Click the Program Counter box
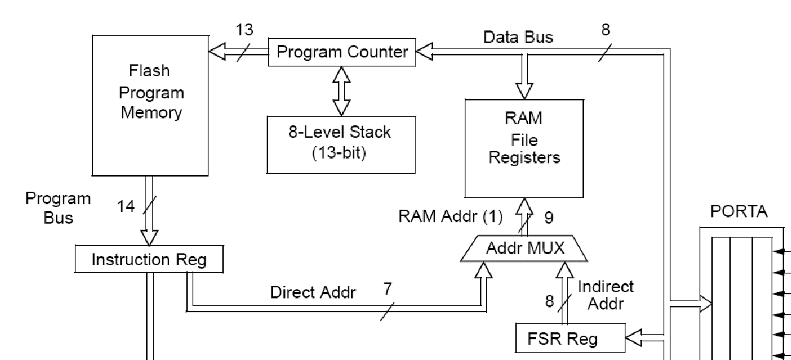coord(342,52)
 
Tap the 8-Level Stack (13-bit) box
coord(340,143)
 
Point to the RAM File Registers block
coord(524,149)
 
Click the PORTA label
coord(739,212)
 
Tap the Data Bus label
coord(518,37)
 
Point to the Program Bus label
coord(58,208)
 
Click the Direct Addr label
coord(313,292)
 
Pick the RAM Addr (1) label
coord(450,216)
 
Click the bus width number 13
coord(245,30)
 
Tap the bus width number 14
coord(126,206)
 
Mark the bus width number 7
coord(388,289)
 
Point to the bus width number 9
coord(549,217)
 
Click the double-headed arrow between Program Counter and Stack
coord(341,91)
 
